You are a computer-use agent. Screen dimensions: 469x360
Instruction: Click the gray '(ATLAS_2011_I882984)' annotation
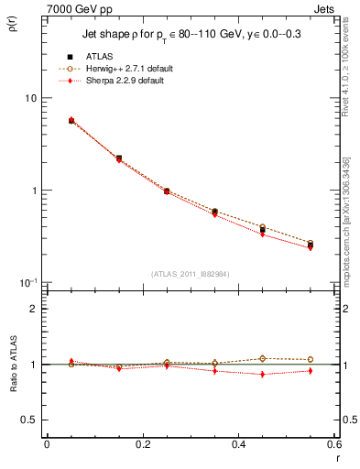coord(190,274)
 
